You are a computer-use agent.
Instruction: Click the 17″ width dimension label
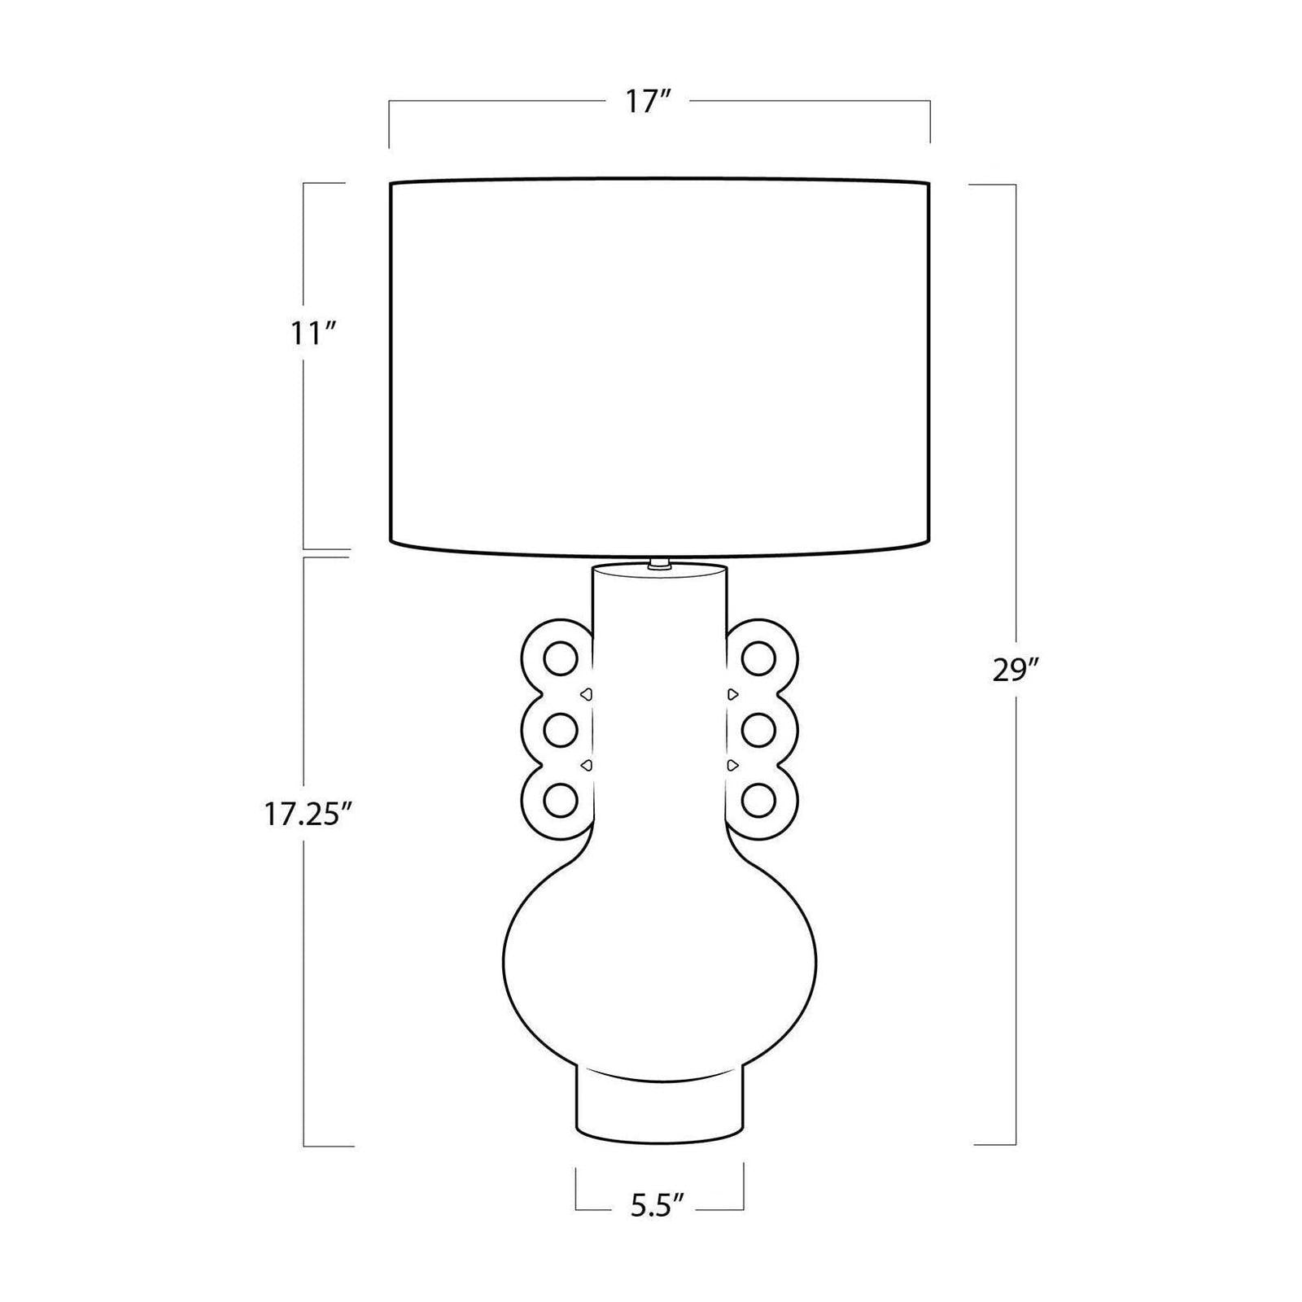pyautogui.click(x=647, y=102)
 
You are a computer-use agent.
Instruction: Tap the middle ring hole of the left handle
pyautogui.click(x=561, y=730)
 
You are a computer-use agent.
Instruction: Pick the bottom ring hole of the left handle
pyautogui.click(x=561, y=801)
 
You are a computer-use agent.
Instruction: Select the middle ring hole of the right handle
pyautogui.click(x=758, y=730)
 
